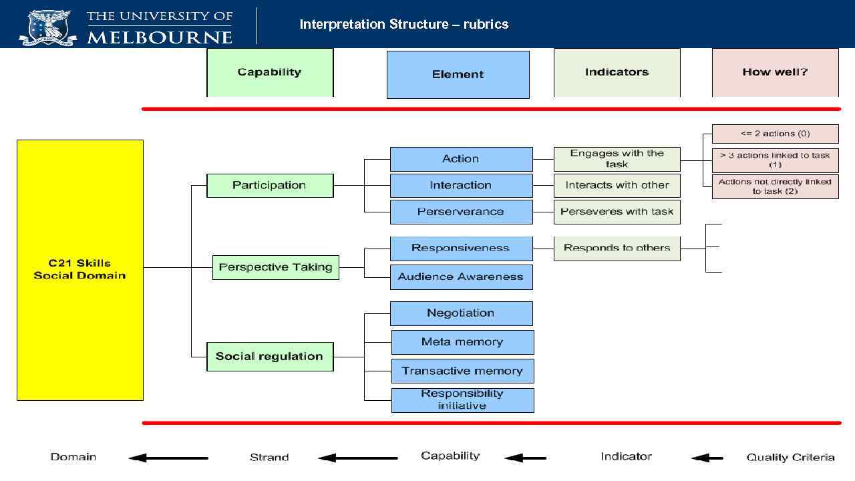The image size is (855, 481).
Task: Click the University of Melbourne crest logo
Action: pos(47,26)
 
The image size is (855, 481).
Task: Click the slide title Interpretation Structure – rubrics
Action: pos(404,25)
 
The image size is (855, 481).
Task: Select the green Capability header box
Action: pos(270,72)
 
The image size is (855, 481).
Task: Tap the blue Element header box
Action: pos(458,75)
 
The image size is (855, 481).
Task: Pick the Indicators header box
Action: pos(617,72)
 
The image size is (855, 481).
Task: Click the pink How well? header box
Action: pos(775,72)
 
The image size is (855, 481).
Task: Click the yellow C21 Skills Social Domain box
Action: pos(79,270)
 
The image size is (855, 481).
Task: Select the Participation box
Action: pos(270,185)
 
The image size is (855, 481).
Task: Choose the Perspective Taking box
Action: pos(275,267)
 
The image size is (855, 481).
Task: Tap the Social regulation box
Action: pos(269,356)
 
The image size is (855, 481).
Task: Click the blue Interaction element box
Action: pos(461,185)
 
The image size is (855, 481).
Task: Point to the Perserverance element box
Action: pos(461,212)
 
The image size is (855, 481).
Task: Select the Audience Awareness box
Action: pos(461,277)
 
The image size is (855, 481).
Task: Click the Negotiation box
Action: pos(461,313)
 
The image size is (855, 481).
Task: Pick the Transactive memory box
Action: pos(462,371)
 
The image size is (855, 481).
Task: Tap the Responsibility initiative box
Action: pos(462,399)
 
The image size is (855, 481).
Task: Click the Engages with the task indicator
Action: pos(617,159)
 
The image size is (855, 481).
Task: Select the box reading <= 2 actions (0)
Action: pos(775,134)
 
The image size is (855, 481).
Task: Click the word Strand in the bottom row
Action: pos(269,458)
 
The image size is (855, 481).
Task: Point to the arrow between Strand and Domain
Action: pos(168,458)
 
